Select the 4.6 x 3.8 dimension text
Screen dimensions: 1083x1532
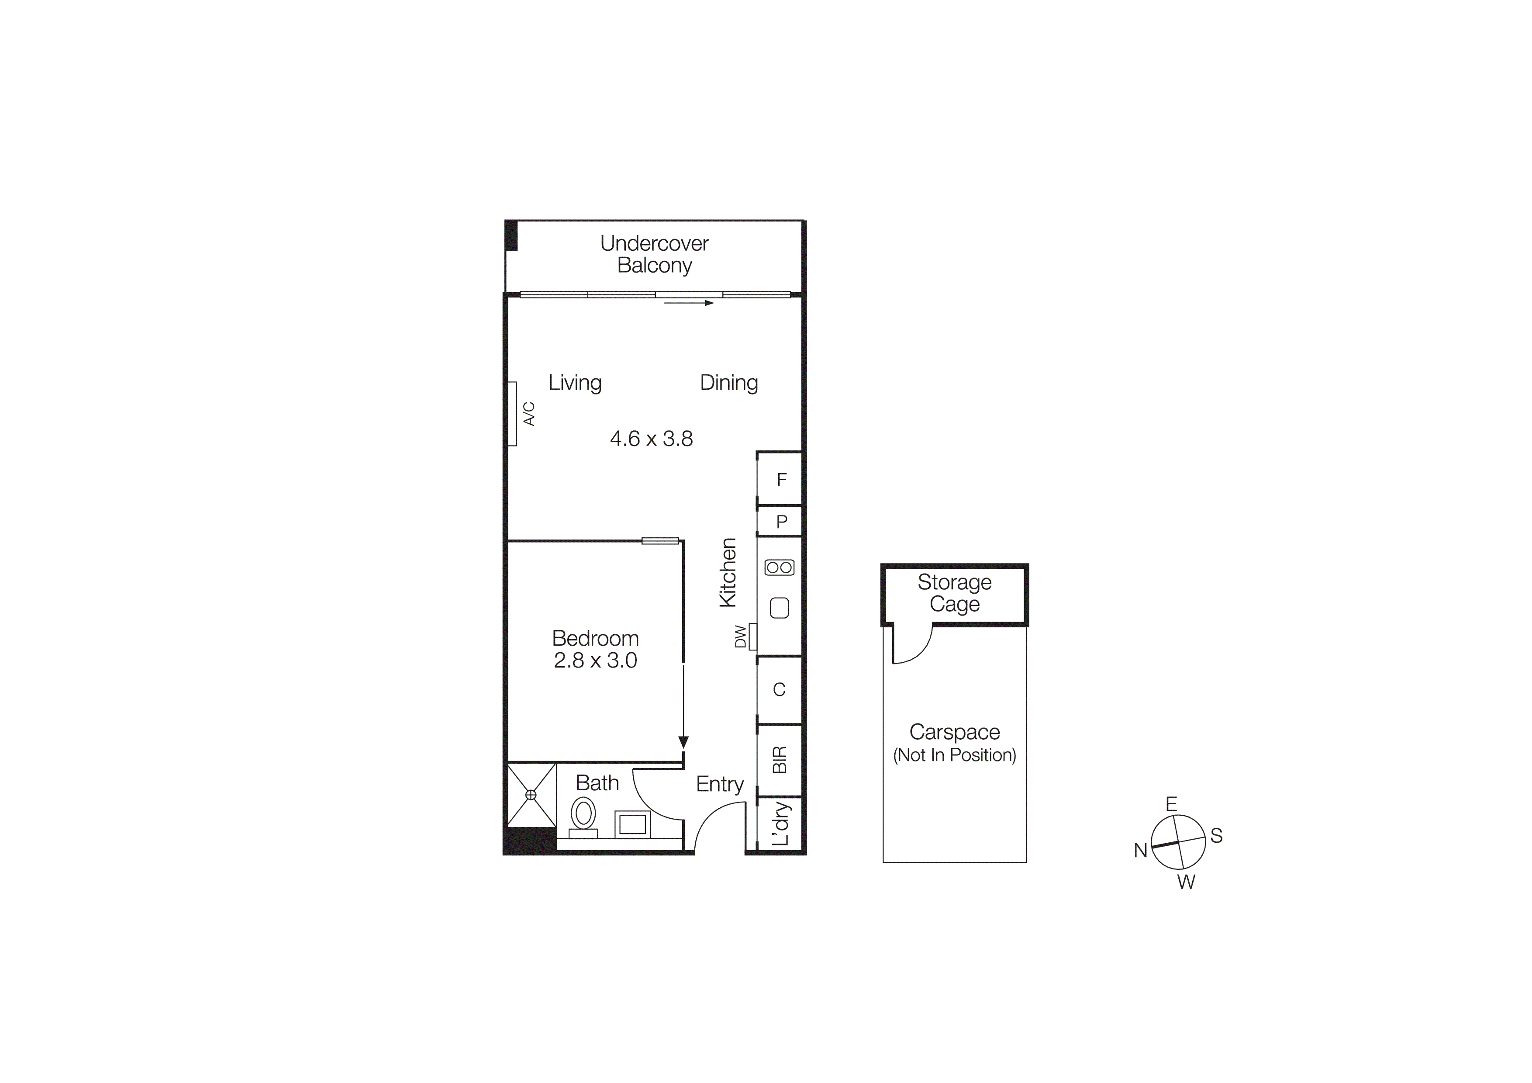point(651,439)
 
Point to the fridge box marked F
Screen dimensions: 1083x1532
point(781,479)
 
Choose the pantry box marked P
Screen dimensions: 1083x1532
point(781,521)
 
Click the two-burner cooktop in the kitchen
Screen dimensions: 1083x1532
point(780,567)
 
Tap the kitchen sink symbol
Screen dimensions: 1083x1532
point(780,608)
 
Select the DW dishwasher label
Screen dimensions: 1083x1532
point(740,636)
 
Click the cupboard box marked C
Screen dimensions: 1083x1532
point(779,690)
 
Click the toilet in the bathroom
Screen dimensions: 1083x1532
point(583,816)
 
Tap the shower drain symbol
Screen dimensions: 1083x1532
point(531,795)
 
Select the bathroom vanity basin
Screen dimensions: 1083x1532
point(632,824)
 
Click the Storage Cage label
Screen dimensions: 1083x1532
point(954,592)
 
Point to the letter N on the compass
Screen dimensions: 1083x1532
point(1140,850)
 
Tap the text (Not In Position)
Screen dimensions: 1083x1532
point(954,755)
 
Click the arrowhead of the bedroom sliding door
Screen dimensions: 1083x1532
point(683,742)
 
